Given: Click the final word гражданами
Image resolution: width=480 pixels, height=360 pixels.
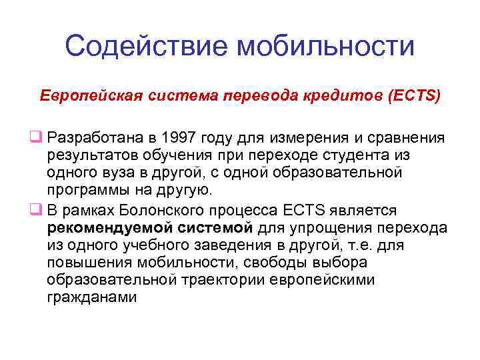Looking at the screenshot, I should tap(92, 297).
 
